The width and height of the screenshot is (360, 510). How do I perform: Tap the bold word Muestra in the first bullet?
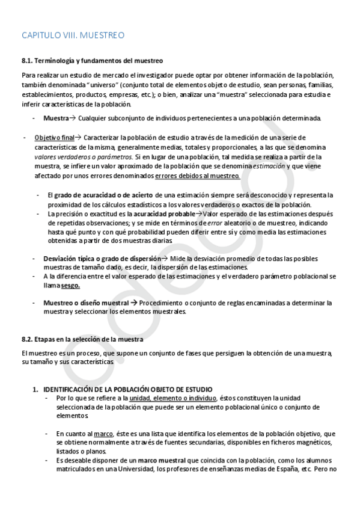[x=56, y=118]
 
